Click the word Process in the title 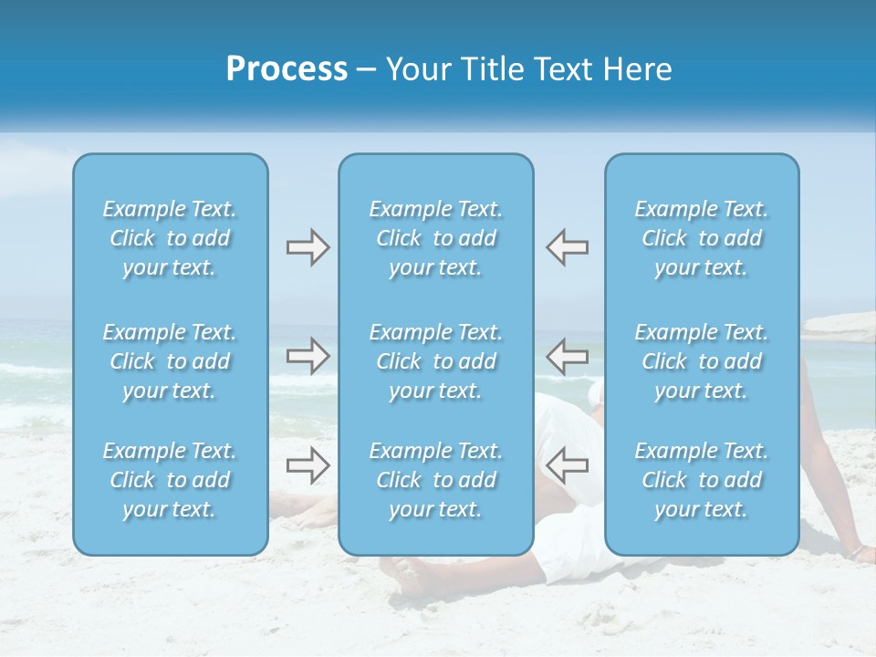point(287,69)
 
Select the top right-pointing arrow point(308,247)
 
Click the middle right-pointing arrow point(308,356)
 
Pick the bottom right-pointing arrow point(308,465)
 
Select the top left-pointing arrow point(567,247)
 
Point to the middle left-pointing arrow point(567,356)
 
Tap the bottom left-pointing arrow point(567,465)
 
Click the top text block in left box point(170,238)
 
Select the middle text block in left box point(170,361)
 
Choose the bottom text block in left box point(170,480)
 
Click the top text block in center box point(436,238)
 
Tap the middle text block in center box point(436,361)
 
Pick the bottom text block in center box point(436,480)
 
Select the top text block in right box point(702,238)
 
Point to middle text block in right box point(702,361)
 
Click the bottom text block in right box point(702,480)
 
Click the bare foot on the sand point(406,573)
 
